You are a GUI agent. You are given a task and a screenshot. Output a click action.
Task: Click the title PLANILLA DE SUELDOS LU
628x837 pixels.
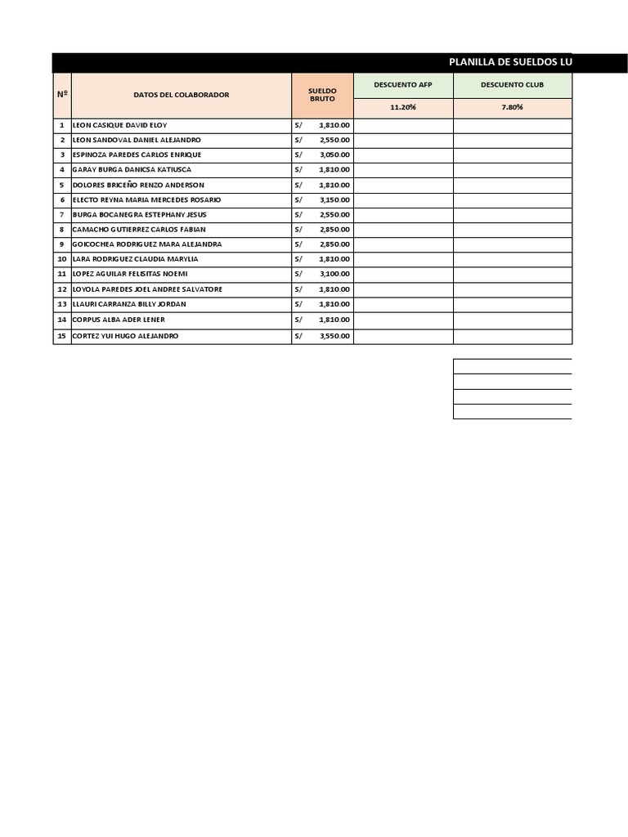tap(510, 63)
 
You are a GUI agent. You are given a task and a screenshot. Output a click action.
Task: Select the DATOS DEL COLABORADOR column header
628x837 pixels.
tap(182, 95)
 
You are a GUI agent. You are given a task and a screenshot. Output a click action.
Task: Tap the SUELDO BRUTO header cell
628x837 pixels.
tap(322, 95)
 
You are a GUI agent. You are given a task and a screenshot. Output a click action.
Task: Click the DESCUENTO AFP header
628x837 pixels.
tap(403, 84)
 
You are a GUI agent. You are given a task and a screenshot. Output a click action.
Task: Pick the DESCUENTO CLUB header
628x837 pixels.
tap(513, 84)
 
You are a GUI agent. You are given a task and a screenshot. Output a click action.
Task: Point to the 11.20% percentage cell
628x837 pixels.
tap(403, 107)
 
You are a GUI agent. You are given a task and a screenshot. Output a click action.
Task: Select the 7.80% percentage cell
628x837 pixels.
tap(513, 107)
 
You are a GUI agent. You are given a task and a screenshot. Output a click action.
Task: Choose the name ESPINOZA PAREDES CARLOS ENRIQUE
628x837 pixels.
tap(137, 154)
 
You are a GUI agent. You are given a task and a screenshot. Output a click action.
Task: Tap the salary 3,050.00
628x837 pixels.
tap(334, 154)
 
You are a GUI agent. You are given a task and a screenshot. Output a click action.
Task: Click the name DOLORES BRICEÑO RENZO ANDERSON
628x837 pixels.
tap(138, 185)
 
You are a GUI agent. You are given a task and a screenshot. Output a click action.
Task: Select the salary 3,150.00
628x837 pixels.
tap(334, 199)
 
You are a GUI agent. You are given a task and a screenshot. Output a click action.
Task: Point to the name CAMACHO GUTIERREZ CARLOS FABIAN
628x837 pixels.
tap(139, 230)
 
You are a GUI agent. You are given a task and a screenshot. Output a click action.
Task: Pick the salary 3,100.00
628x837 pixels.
tap(334, 274)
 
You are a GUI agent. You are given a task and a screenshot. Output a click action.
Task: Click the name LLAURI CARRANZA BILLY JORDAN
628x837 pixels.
tap(129, 304)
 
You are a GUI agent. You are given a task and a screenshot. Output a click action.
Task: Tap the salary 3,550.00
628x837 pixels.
tap(334, 336)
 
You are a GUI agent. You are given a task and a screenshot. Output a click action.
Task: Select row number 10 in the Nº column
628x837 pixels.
tap(62, 259)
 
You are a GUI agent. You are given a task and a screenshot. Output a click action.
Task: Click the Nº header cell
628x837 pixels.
tap(62, 95)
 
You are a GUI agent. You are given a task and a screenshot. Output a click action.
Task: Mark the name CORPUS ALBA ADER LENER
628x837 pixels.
tap(119, 320)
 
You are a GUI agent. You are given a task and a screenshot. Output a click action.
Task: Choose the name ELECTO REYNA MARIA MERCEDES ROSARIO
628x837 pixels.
tap(146, 199)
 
